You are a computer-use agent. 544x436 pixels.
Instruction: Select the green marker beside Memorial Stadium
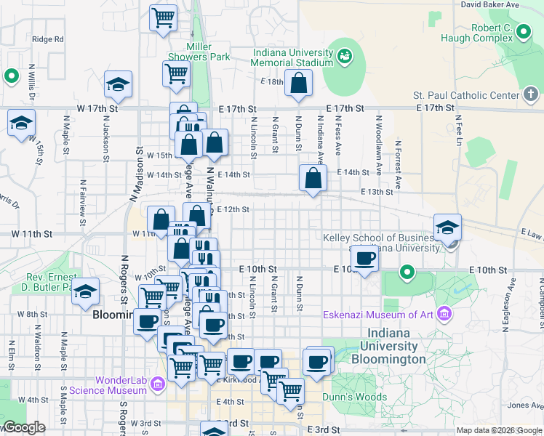click(x=344, y=54)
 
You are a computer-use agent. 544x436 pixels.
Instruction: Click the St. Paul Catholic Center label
click(x=465, y=95)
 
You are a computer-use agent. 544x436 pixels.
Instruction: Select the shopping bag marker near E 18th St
click(x=298, y=84)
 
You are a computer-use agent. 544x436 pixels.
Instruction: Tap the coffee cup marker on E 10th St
click(x=365, y=257)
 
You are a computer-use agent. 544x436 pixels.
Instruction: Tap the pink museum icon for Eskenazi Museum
click(x=444, y=315)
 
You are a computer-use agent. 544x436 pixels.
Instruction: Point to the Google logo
click(x=23, y=427)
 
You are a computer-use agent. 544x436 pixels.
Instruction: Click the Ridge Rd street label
click(x=48, y=39)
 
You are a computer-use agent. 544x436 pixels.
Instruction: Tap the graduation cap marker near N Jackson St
click(x=117, y=85)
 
